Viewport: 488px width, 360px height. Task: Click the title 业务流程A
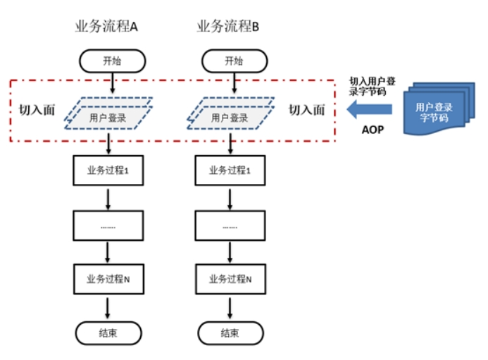click(x=106, y=26)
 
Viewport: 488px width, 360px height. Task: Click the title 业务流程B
click(x=228, y=26)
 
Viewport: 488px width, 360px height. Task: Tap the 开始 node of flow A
click(x=113, y=61)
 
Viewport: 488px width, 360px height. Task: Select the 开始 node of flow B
click(x=234, y=61)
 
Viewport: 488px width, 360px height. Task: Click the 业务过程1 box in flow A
click(x=108, y=170)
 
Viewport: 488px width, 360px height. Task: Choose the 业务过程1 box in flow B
click(x=230, y=170)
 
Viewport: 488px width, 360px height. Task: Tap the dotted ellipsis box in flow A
click(x=108, y=225)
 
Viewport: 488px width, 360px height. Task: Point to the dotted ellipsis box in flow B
click(x=230, y=225)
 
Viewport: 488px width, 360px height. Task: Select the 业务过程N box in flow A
click(x=108, y=279)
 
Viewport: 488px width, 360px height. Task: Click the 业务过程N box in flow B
click(x=230, y=279)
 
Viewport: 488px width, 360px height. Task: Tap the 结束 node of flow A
click(x=108, y=333)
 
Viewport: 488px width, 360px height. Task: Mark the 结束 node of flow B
click(x=230, y=333)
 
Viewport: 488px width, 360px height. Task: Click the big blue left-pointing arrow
click(x=370, y=109)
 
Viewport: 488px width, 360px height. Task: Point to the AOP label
click(x=373, y=130)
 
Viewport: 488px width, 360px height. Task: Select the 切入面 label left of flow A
click(x=37, y=110)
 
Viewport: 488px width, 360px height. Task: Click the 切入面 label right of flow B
click(x=307, y=110)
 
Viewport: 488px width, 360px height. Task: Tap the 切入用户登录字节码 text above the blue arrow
click(x=372, y=86)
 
